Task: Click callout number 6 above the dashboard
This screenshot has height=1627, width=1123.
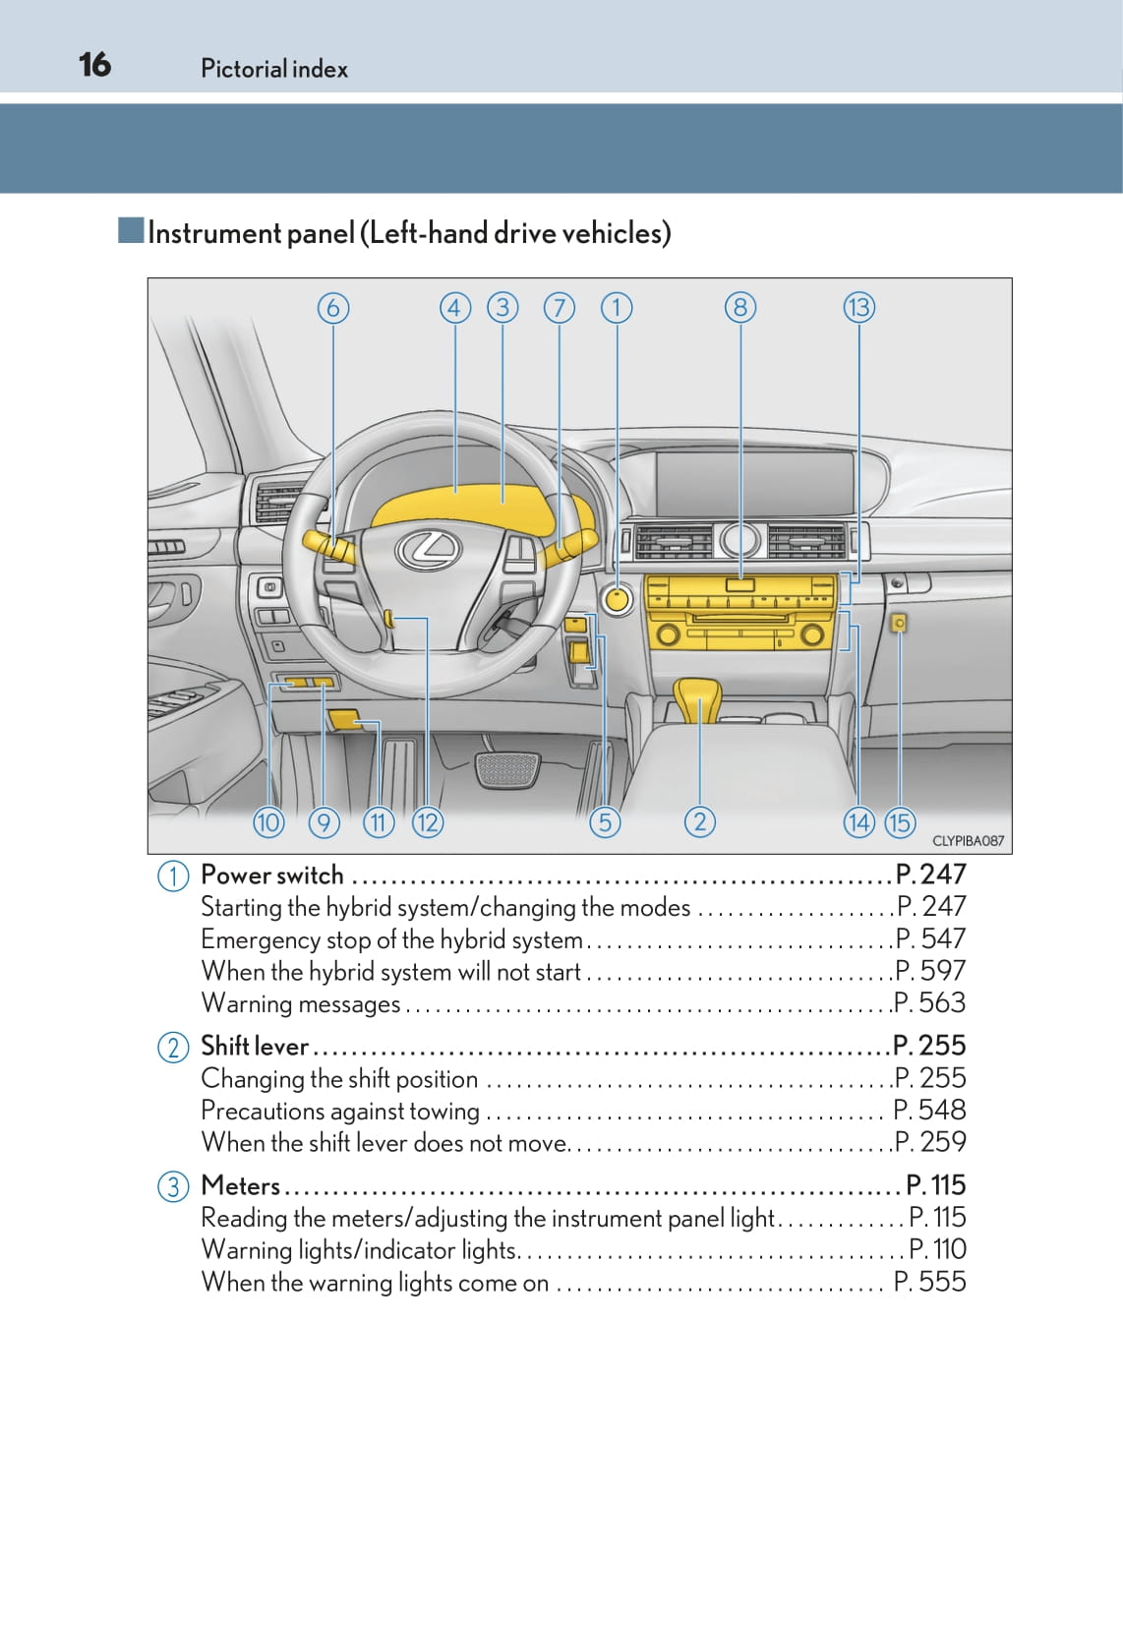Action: pyautogui.click(x=333, y=308)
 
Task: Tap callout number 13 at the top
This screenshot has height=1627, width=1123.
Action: pyautogui.click(x=858, y=308)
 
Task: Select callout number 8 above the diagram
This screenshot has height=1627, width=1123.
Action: pyautogui.click(x=740, y=308)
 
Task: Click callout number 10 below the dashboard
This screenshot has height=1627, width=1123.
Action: pyautogui.click(x=268, y=821)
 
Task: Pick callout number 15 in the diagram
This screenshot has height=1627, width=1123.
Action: pyautogui.click(x=900, y=821)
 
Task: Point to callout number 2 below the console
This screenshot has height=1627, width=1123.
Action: pyautogui.click(x=699, y=821)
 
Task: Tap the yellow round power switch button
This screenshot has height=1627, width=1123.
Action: pyautogui.click(x=618, y=599)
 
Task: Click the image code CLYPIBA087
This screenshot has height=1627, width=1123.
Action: pyautogui.click(x=968, y=841)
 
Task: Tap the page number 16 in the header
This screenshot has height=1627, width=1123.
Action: pyautogui.click(x=94, y=65)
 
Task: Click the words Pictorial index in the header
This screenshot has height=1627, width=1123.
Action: pyautogui.click(x=274, y=69)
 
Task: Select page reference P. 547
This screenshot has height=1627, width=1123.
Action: pyautogui.click(x=930, y=938)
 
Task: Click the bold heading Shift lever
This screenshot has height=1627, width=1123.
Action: pyautogui.click(x=255, y=1046)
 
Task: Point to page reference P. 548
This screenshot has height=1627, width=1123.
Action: pyautogui.click(x=930, y=1110)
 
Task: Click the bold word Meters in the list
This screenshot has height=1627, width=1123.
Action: pyautogui.click(x=241, y=1185)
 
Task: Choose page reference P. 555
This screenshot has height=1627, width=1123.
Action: pyautogui.click(x=930, y=1282)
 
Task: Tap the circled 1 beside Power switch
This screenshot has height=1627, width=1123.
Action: pyautogui.click(x=173, y=875)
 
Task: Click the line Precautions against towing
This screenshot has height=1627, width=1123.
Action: pyautogui.click(x=340, y=1111)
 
